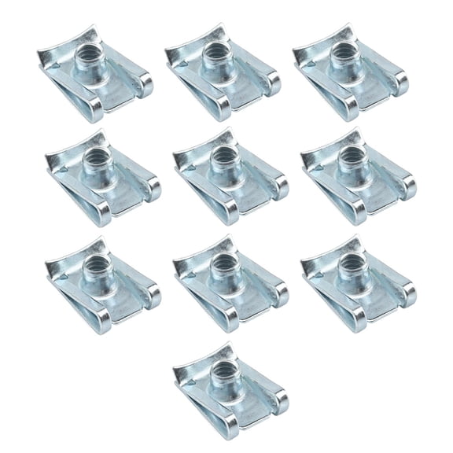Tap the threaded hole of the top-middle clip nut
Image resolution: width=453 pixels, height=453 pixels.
click(x=213, y=56)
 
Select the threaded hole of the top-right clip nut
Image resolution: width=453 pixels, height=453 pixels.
click(x=341, y=56)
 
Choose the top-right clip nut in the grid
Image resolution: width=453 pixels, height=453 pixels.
click(x=350, y=75)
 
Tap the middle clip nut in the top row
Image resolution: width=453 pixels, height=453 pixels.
click(x=223, y=75)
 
